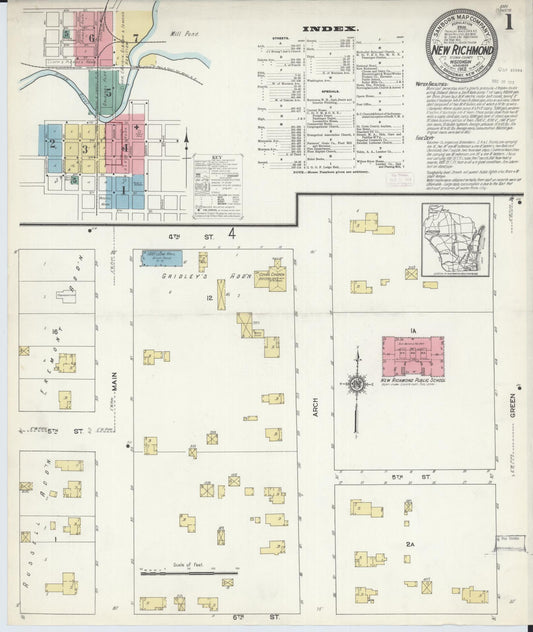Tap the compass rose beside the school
tap(354, 380)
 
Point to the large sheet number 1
tap(510, 19)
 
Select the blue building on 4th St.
tap(160, 259)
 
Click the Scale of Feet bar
tap(190, 574)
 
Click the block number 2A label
tap(410, 544)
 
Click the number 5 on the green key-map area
tap(66, 34)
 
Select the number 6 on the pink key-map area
tap(93, 39)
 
